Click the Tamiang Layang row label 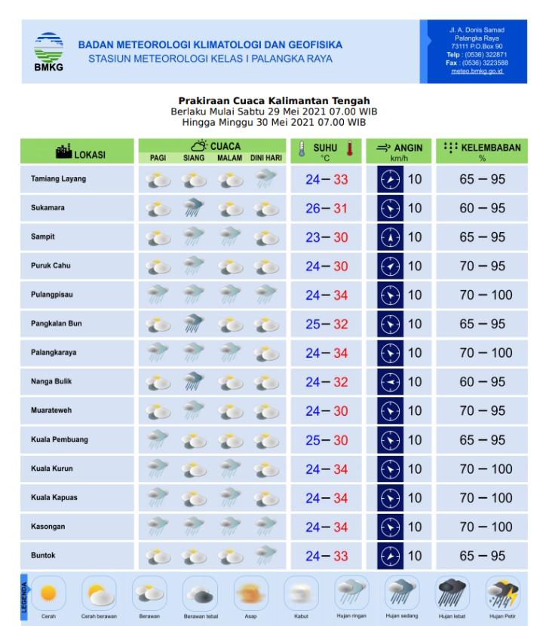point(59,179)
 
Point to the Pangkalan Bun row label point(56,324)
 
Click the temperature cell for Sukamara point(326,209)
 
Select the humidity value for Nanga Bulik point(482,382)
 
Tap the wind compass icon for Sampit point(391,237)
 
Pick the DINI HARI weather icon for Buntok point(265,556)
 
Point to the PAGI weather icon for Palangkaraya point(158,353)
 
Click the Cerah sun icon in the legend point(49,593)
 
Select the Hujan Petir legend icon point(502,593)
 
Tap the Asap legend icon point(250,593)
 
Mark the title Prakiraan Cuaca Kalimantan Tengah point(274,101)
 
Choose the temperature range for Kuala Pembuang point(326,440)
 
